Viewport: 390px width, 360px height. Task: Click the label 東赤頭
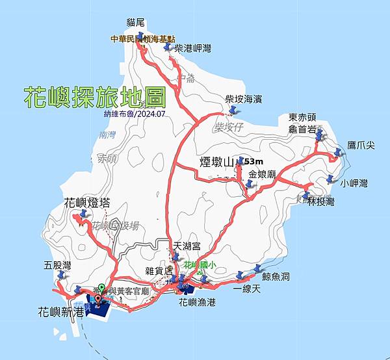tap(302, 118)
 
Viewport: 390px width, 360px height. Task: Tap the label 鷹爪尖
tap(361, 145)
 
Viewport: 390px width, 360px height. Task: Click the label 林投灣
tap(321, 202)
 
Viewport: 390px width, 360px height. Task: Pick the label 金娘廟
tap(263, 174)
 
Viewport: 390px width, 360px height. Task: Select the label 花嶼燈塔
tap(86, 203)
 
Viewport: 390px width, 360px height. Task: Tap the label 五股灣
tap(57, 265)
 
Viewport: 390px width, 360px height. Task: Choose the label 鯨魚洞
tap(277, 276)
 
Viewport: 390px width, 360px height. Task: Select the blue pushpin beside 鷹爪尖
tap(337, 153)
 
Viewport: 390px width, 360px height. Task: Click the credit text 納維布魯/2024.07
tap(96, 114)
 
